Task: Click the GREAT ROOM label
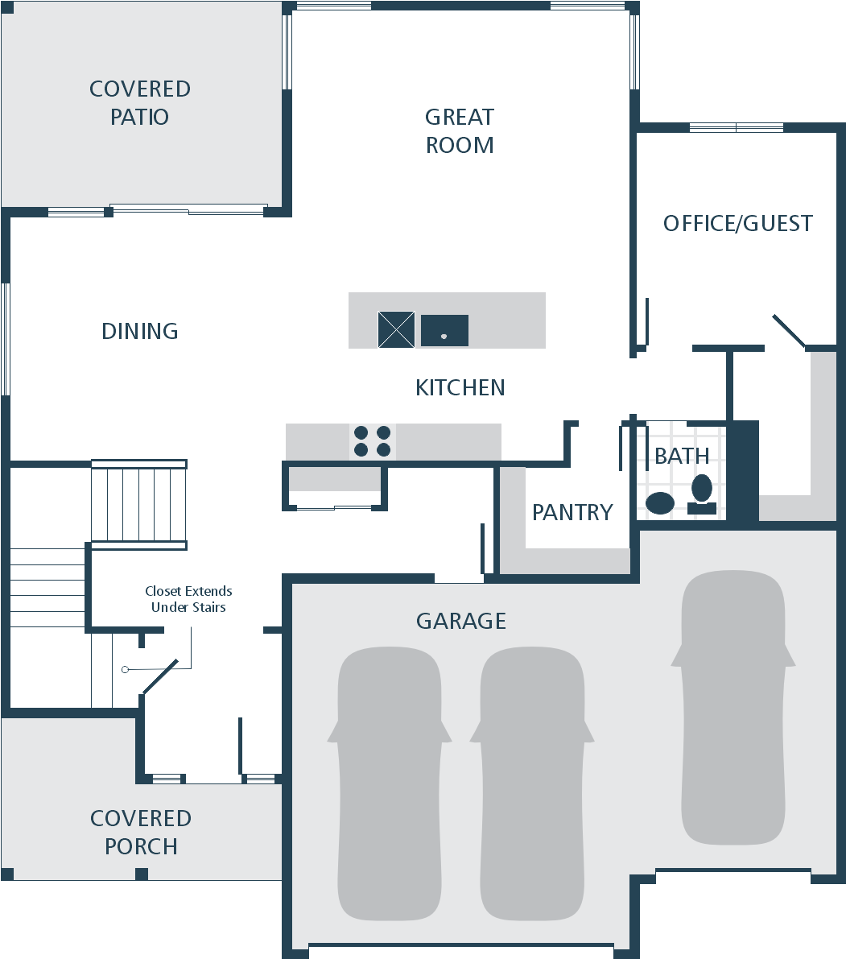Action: pos(460,131)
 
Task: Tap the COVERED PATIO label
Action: pos(140,103)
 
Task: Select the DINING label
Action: pos(140,331)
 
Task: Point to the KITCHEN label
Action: pos(460,388)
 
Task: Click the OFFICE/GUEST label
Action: pos(738,223)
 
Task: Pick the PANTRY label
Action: pos(572,513)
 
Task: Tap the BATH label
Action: pos(682,456)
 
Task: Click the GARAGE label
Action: pos(461,621)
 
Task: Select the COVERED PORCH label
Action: pos(141,833)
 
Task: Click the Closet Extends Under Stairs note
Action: pos(188,599)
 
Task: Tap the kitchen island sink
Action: pos(444,330)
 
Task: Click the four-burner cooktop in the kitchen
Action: pos(372,441)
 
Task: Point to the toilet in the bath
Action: pos(702,494)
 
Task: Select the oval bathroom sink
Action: pos(660,503)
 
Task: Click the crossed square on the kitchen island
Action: pos(396,329)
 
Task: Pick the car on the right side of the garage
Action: pos(733,708)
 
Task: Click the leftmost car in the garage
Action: pos(390,783)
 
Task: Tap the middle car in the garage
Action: pos(532,783)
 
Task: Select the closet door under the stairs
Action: pos(160,676)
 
